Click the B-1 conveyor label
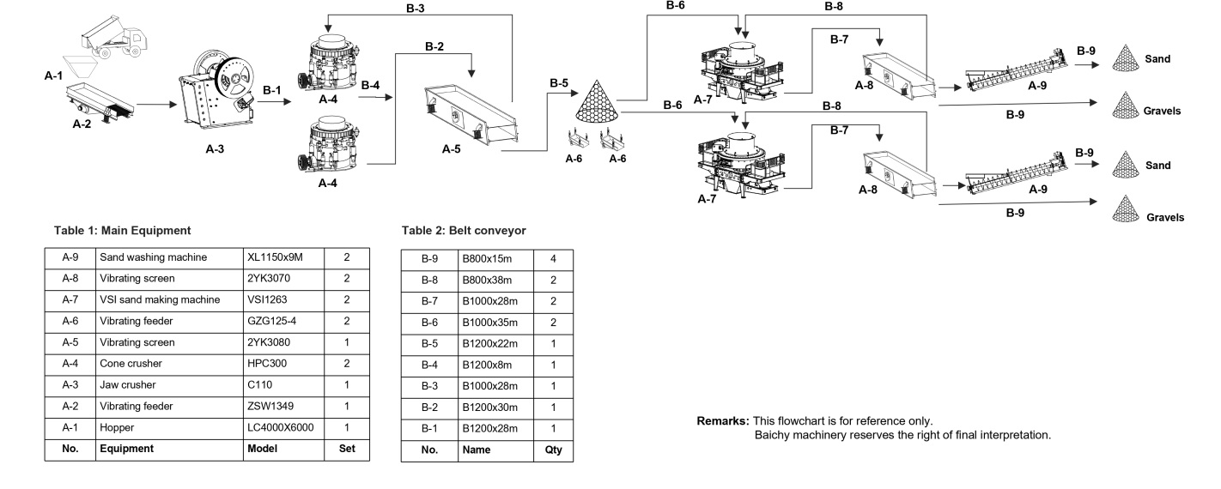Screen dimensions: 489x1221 click(272, 89)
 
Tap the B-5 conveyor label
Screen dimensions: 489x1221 click(559, 83)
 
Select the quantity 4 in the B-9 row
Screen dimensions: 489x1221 click(553, 257)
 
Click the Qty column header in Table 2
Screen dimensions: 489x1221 click(553, 449)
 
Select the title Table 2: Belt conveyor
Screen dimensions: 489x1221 click(465, 230)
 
